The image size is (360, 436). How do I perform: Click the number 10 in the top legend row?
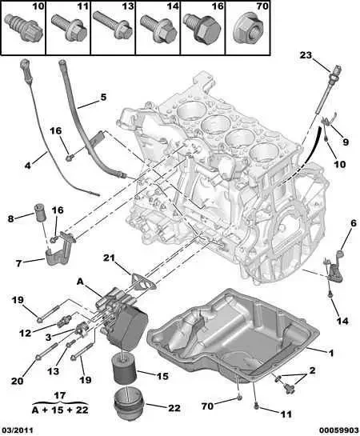(17, 7)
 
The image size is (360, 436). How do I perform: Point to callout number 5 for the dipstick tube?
(102, 98)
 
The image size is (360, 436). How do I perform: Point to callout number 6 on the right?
(352, 222)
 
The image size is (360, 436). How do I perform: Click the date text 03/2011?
(18, 430)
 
